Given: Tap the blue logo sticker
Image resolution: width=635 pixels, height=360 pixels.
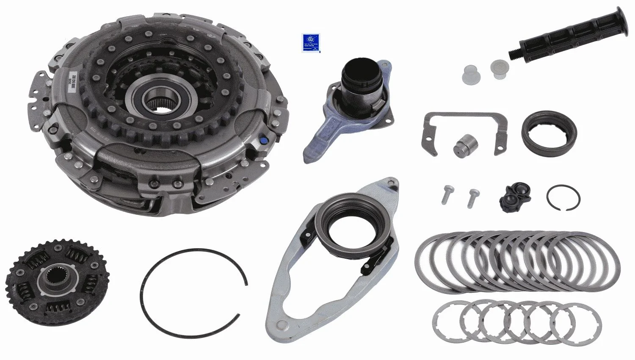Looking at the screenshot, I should (311, 43).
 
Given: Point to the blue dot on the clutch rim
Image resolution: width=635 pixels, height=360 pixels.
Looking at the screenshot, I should (264, 139).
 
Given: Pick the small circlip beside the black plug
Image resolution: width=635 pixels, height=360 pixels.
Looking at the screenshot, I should (563, 197).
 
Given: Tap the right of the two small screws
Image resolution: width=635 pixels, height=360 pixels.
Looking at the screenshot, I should (473, 197).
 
